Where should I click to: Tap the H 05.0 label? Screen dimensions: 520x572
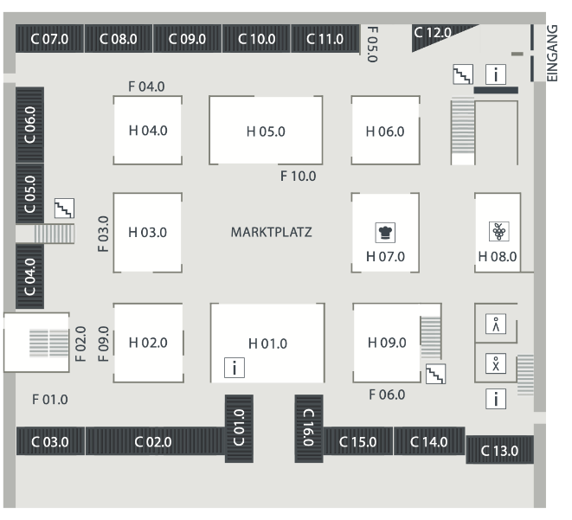point(266,132)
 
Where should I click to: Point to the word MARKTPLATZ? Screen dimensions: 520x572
point(272,233)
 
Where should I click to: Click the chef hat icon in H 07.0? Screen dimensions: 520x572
point(385,232)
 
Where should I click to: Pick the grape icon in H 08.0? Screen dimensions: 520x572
point(498,231)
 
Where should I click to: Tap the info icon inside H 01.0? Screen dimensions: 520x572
point(234,367)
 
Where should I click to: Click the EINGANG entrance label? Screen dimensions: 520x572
point(554,52)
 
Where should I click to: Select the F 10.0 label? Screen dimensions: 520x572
point(299,177)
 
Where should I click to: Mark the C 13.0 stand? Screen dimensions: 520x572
point(499,450)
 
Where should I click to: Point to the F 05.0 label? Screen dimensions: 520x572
point(372,43)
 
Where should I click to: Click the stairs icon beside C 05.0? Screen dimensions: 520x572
point(64,208)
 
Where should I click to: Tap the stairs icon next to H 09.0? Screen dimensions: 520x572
point(436,374)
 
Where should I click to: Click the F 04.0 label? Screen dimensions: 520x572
point(146,87)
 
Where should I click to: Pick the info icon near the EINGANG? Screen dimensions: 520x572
point(495,74)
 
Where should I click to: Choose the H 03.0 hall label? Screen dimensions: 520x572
point(147,233)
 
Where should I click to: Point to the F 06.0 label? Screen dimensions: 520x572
point(387,395)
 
